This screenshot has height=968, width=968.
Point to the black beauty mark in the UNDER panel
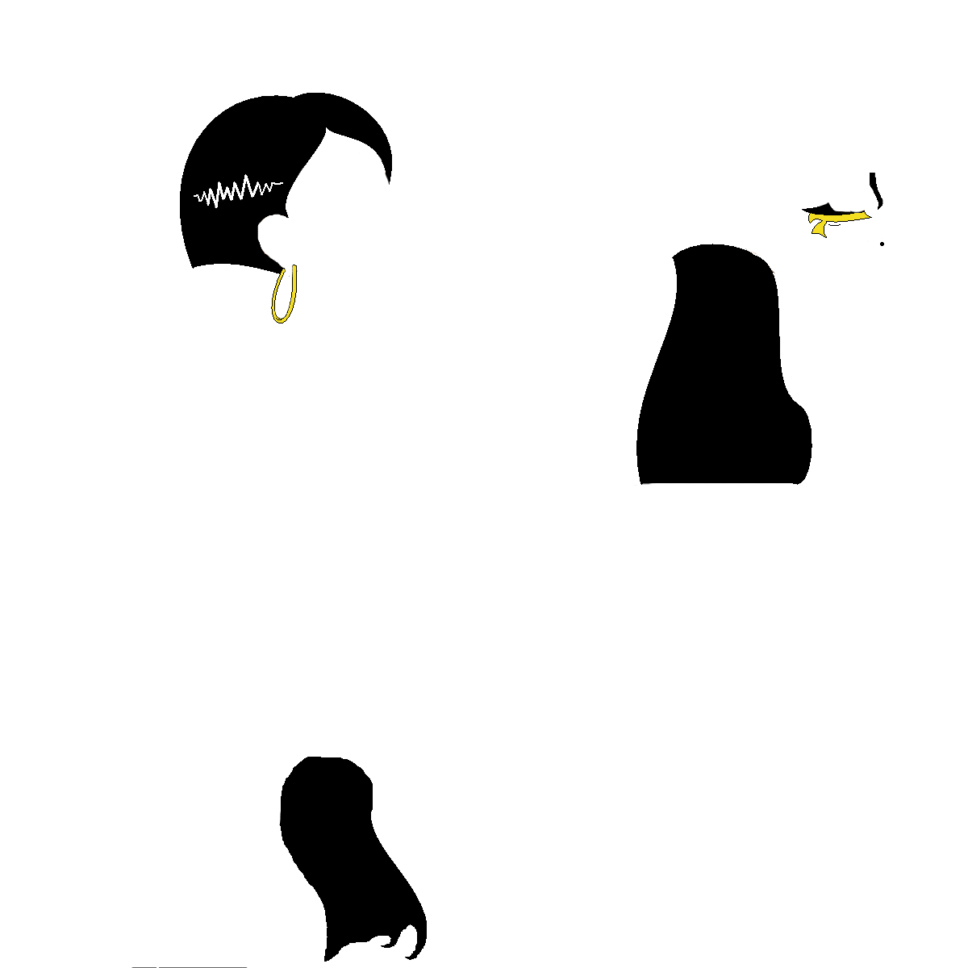(x=882, y=244)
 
